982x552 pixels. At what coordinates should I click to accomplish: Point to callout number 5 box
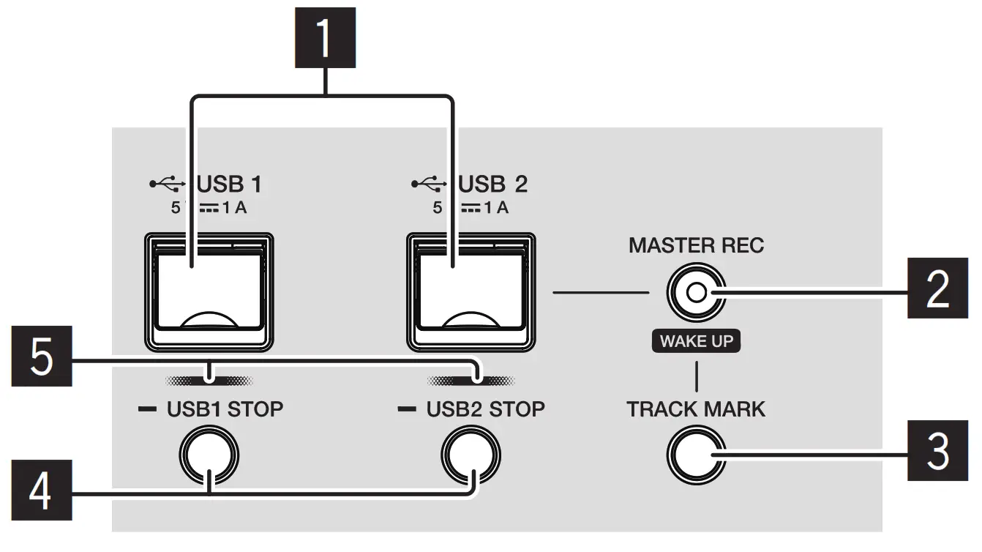pyautogui.click(x=41, y=356)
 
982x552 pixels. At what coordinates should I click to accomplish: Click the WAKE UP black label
pyautogui.click(x=696, y=341)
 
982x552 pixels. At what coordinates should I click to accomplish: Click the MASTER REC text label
pyautogui.click(x=696, y=245)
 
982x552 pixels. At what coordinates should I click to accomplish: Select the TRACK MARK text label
pyautogui.click(x=696, y=409)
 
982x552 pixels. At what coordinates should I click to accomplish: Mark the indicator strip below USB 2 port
pyautogui.click(x=472, y=381)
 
